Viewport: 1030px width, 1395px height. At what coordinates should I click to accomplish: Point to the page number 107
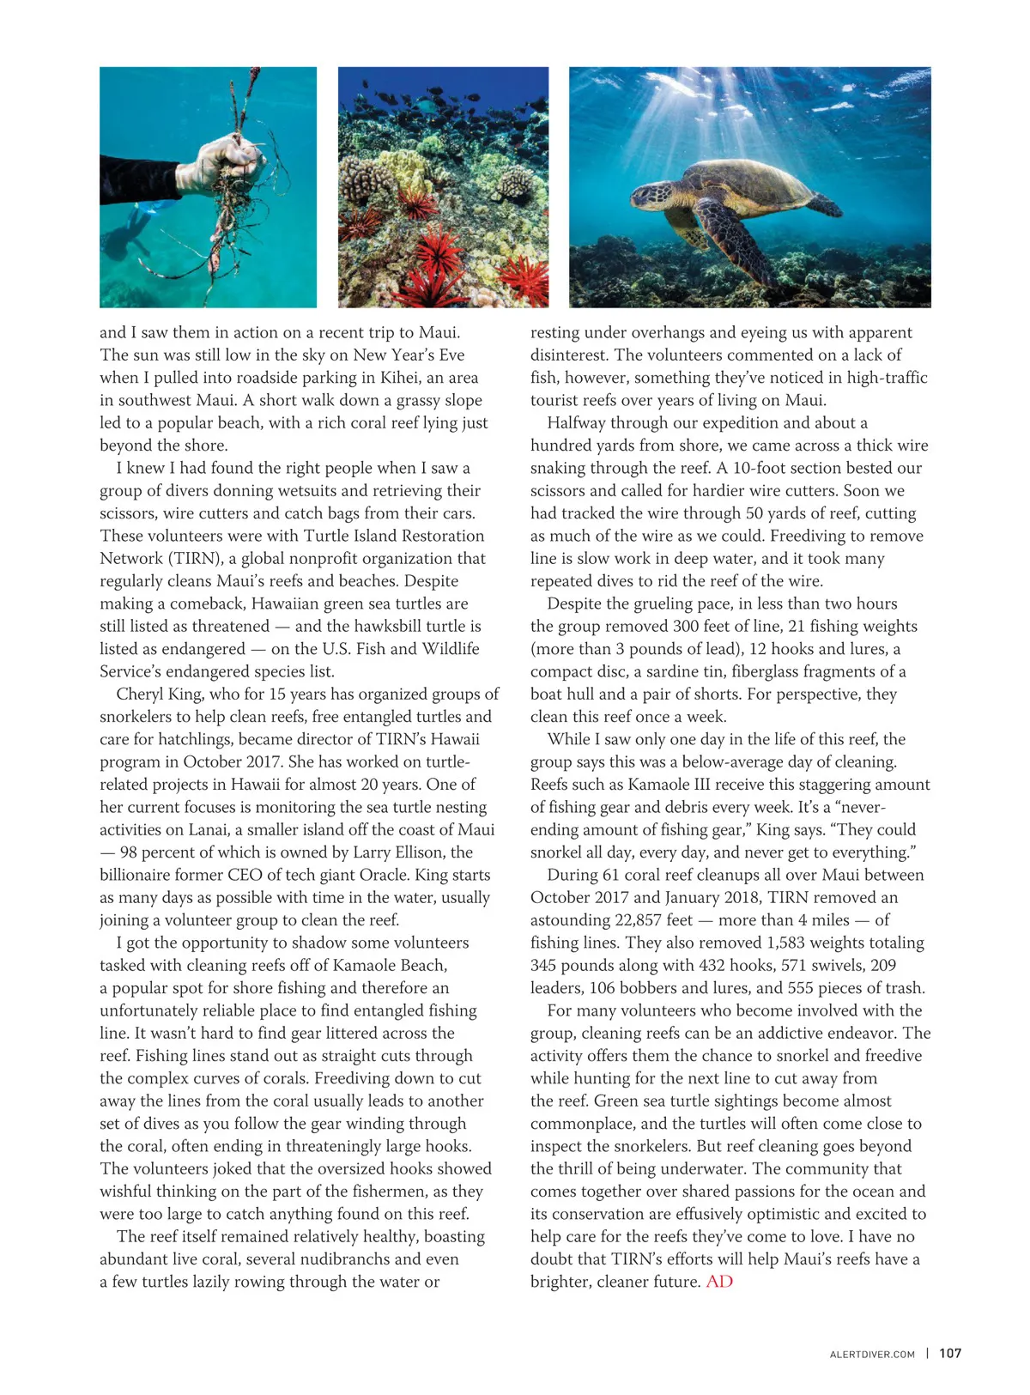point(950,1354)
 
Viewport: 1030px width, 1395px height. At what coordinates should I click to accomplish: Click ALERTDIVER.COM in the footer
point(872,1355)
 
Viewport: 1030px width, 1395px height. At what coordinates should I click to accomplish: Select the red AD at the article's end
point(719,1282)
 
